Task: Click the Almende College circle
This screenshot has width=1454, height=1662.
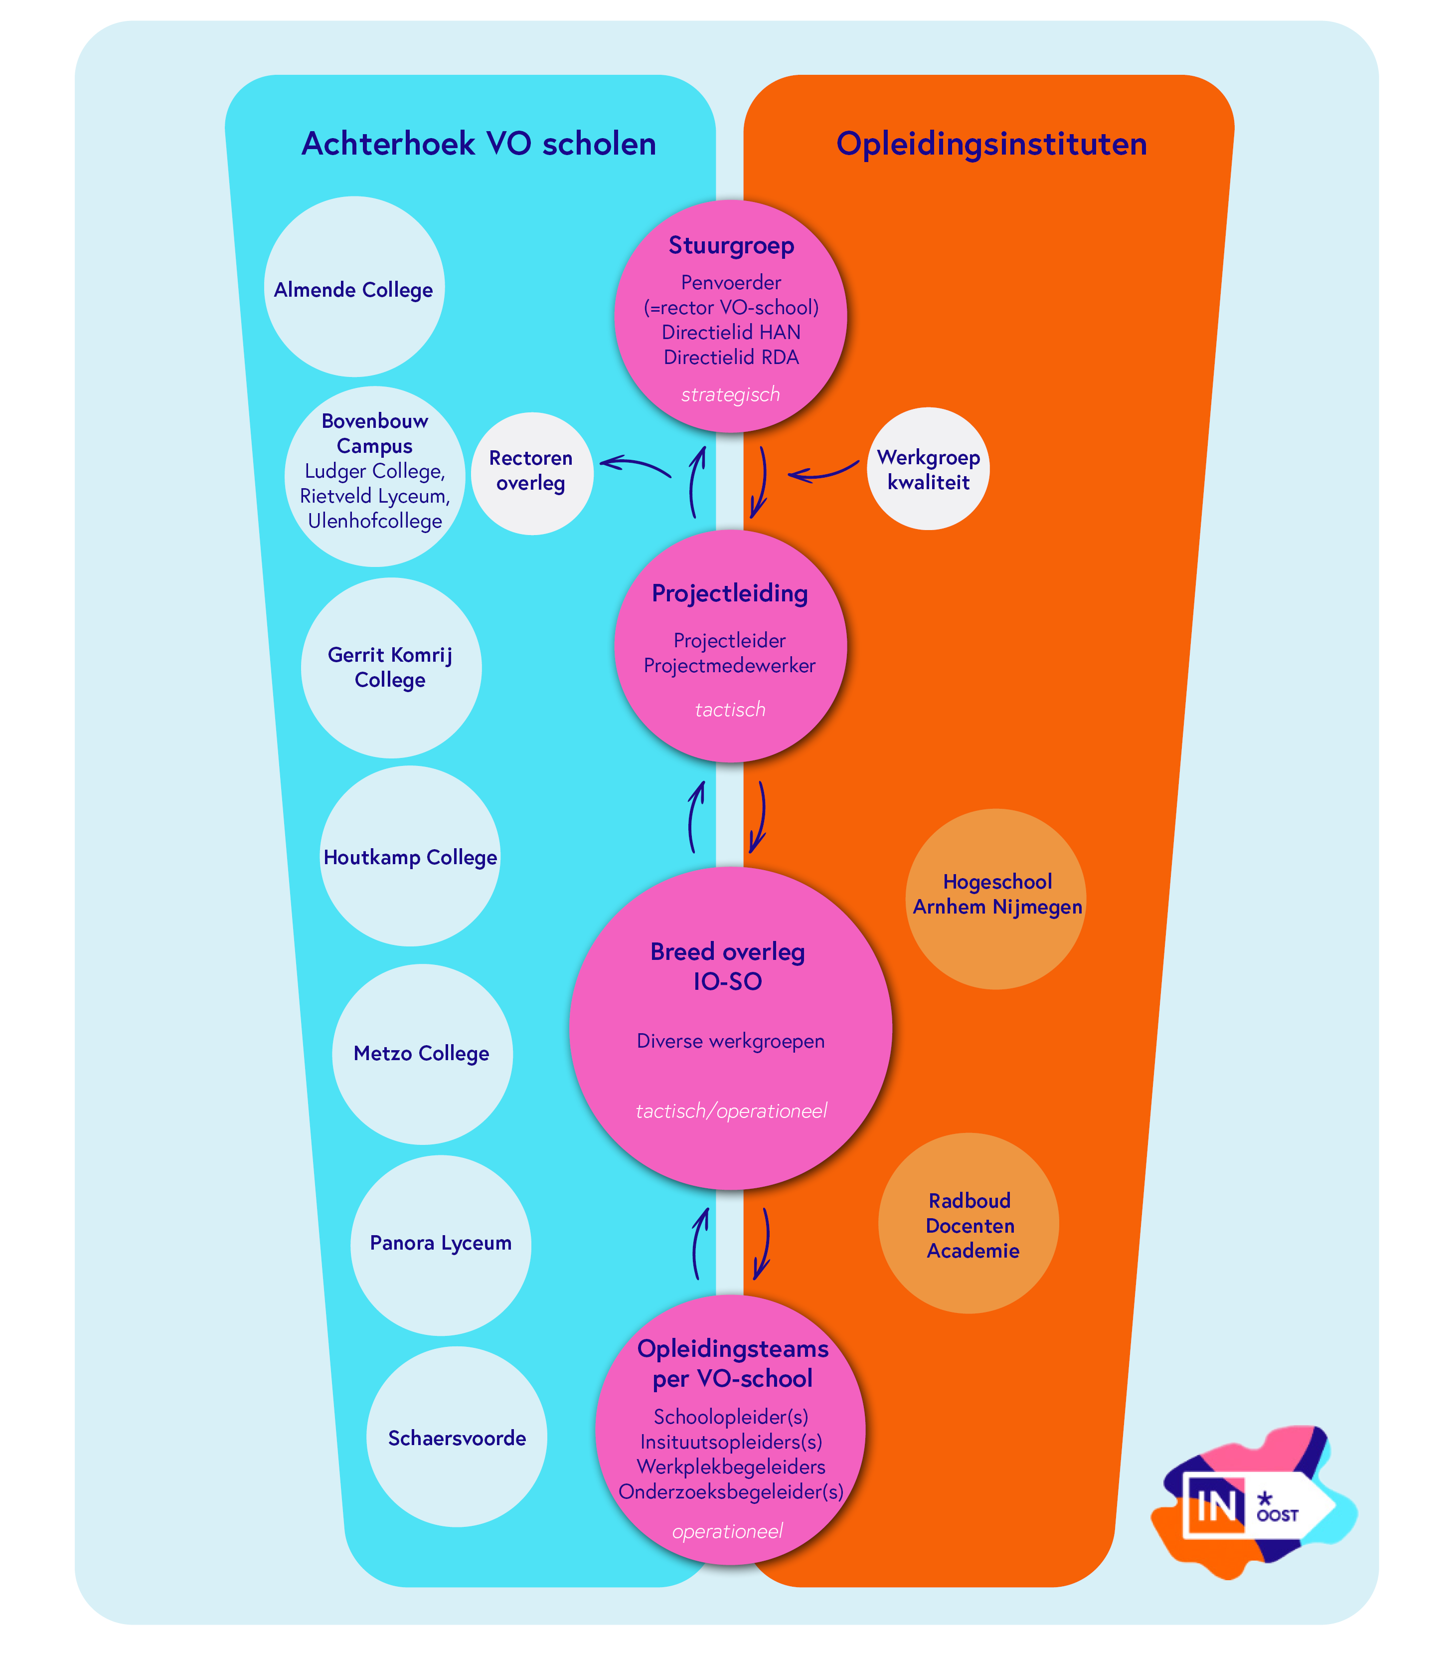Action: [354, 286]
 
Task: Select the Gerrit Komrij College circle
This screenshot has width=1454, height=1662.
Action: [391, 667]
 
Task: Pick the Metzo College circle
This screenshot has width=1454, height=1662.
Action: [422, 1053]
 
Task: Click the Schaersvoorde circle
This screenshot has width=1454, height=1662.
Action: [457, 1437]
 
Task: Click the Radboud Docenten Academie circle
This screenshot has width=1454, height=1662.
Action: [969, 1223]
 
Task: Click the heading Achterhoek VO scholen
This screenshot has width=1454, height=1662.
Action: [479, 144]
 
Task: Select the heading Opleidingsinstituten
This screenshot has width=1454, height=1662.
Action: [991, 144]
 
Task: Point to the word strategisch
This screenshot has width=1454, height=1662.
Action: [730, 394]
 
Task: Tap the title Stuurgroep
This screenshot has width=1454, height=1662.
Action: [731, 245]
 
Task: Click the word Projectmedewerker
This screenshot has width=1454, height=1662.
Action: [729, 666]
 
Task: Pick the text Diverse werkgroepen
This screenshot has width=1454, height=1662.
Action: [730, 1041]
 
